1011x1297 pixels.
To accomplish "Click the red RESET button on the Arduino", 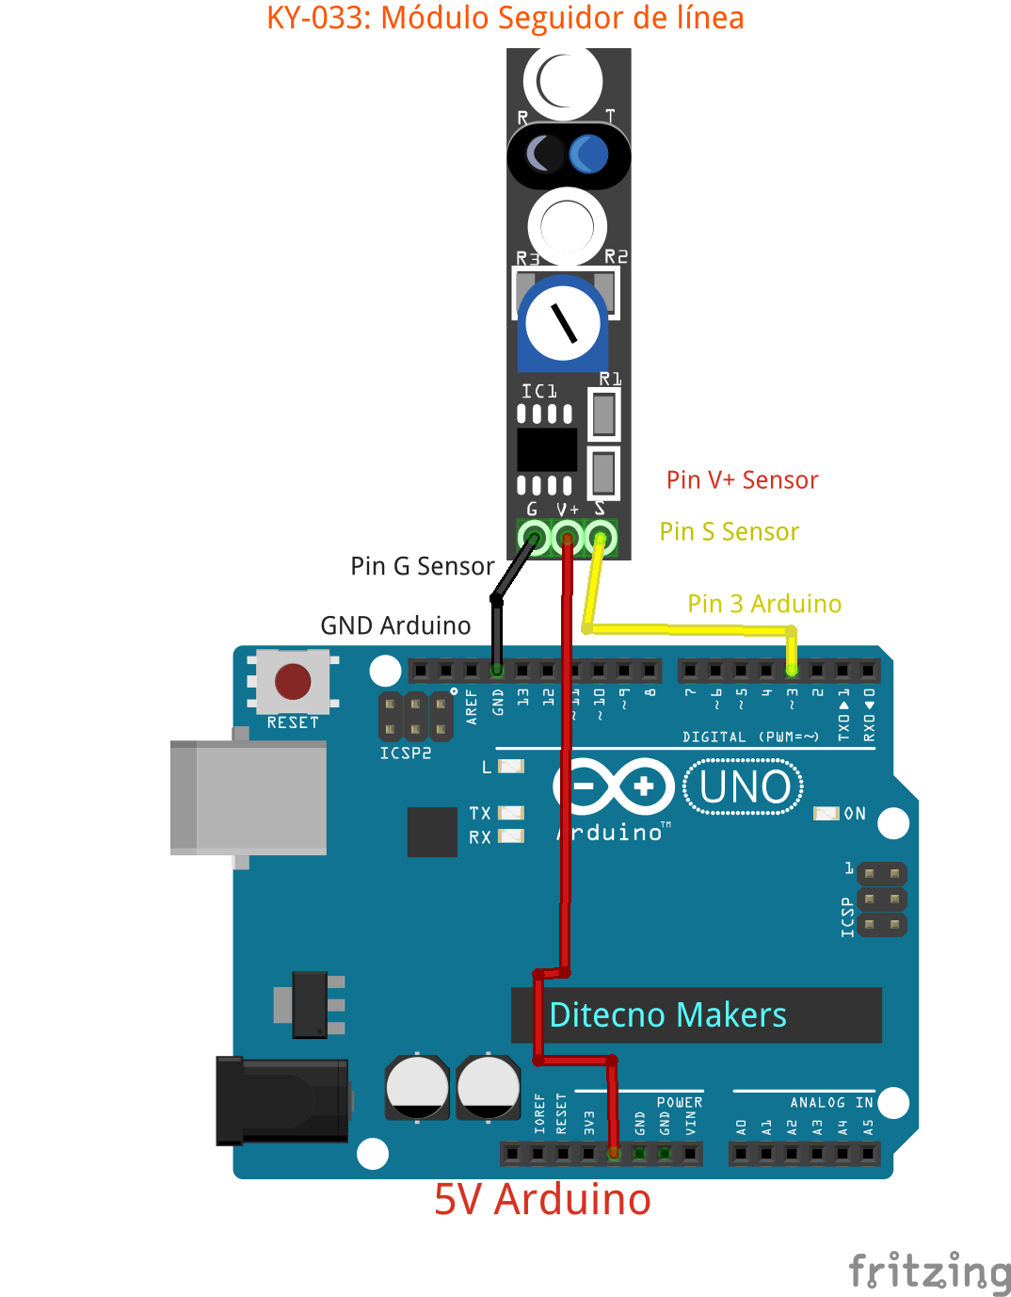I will [x=293, y=681].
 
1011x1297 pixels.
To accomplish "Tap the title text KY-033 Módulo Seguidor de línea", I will [x=505, y=18].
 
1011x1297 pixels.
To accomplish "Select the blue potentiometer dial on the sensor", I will [x=563, y=323].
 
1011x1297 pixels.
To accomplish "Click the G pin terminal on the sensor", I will [x=534, y=539].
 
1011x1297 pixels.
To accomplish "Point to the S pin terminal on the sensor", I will [x=601, y=539].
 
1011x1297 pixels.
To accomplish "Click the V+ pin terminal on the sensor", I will [x=567, y=539].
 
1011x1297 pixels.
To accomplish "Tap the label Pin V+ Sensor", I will [x=742, y=480].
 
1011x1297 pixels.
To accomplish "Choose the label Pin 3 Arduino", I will [x=764, y=604].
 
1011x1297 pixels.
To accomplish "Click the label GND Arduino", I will [x=395, y=625].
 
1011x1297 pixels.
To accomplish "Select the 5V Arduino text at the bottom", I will [x=542, y=1200].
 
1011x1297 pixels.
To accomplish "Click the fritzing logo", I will [x=928, y=1272].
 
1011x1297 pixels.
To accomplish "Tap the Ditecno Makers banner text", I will [x=667, y=1015].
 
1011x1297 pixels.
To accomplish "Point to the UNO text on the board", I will [x=744, y=787].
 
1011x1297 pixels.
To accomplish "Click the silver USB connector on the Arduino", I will [x=249, y=798].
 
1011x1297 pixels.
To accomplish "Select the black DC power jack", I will [x=282, y=1100].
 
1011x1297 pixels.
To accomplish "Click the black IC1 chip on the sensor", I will [x=547, y=449].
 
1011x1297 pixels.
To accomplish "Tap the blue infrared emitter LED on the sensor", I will [x=589, y=154].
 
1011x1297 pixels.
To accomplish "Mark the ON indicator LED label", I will [x=855, y=814].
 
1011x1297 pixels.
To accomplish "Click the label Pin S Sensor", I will [x=729, y=532].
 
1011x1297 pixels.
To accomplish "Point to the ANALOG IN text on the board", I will [x=831, y=1102].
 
